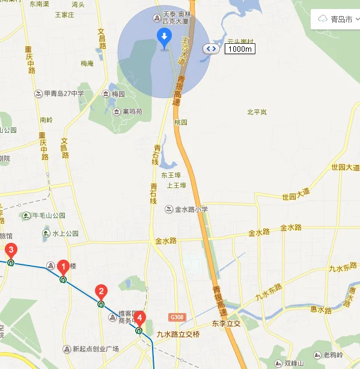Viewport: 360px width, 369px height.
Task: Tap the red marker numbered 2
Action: (101, 293)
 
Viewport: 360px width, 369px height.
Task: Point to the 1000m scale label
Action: (240, 49)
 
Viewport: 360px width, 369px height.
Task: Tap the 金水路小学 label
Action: (191, 209)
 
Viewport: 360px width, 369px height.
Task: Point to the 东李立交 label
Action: (226, 323)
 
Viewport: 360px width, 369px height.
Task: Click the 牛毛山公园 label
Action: (48, 216)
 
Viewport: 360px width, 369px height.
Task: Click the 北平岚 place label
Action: (257, 112)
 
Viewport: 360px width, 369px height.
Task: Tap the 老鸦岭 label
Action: (332, 354)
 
